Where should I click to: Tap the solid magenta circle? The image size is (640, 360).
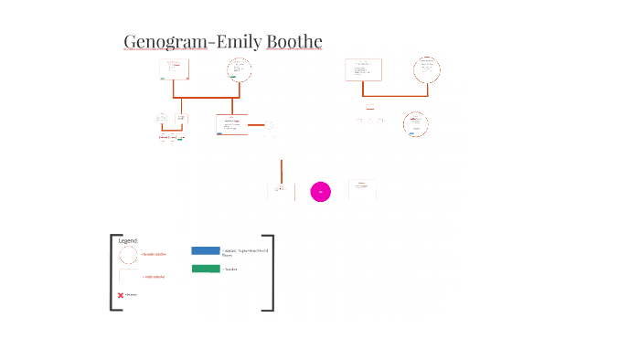coord(320,191)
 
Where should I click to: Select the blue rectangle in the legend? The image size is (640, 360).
coord(206,250)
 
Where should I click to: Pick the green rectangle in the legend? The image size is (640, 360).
coord(206,269)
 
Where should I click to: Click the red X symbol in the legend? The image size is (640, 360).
coord(121,295)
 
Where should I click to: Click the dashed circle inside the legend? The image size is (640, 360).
coord(128,255)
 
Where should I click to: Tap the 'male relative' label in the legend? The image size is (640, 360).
coord(154,276)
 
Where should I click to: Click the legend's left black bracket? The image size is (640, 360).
coord(112,273)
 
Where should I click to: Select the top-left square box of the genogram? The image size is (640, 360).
coord(174,69)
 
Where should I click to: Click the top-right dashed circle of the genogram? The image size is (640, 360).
coord(426,69)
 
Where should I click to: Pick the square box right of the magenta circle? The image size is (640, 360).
coord(362,190)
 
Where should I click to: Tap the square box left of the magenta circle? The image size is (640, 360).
coord(281,191)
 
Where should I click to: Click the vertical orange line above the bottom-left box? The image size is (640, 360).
coord(282,170)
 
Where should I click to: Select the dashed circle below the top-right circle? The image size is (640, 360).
coord(416,124)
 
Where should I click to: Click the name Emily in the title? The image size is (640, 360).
coord(237,42)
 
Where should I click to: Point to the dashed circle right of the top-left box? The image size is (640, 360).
coord(240,69)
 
